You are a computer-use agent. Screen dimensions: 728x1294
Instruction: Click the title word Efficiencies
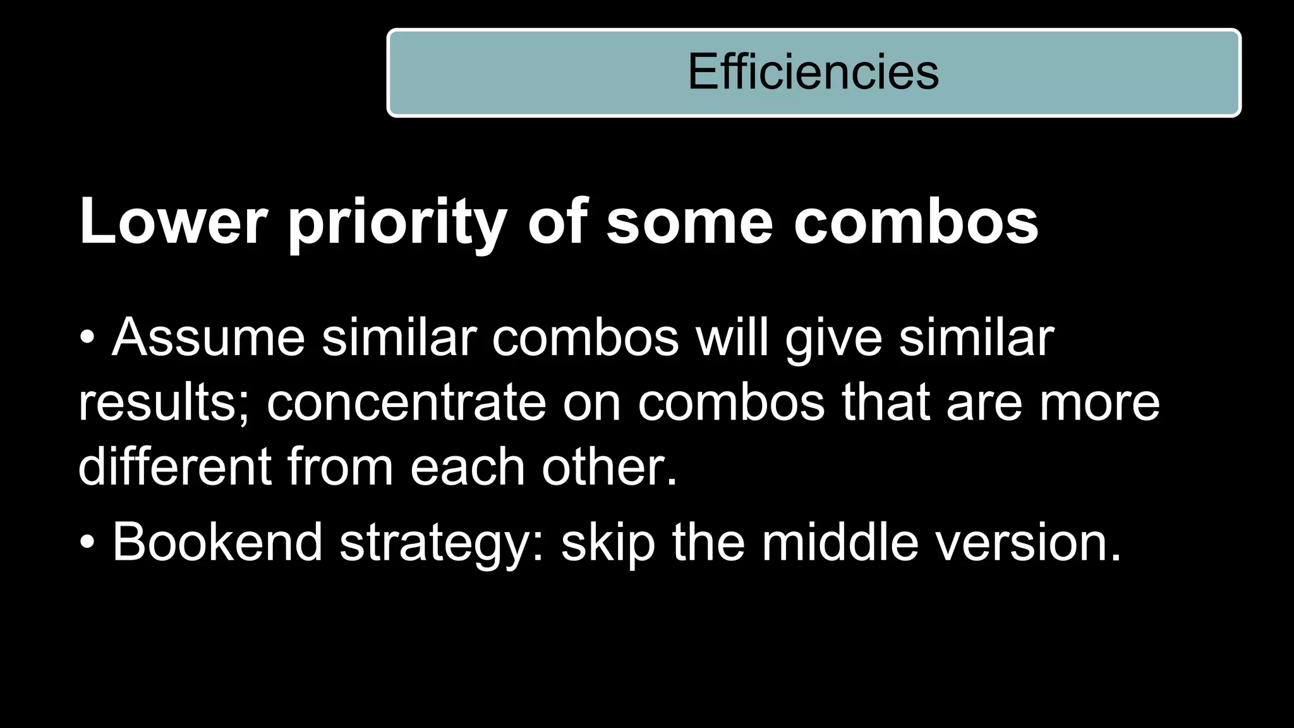point(813,72)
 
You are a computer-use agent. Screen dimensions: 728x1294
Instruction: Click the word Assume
point(209,337)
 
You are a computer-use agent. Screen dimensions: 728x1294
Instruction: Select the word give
point(833,337)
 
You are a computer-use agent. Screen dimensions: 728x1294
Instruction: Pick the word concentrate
point(406,403)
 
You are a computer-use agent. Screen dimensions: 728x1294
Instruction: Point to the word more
point(1099,403)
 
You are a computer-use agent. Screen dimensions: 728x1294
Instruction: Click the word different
point(174,467)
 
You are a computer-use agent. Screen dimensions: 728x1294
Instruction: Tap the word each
point(468,467)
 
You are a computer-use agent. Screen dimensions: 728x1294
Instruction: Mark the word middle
point(840,542)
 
